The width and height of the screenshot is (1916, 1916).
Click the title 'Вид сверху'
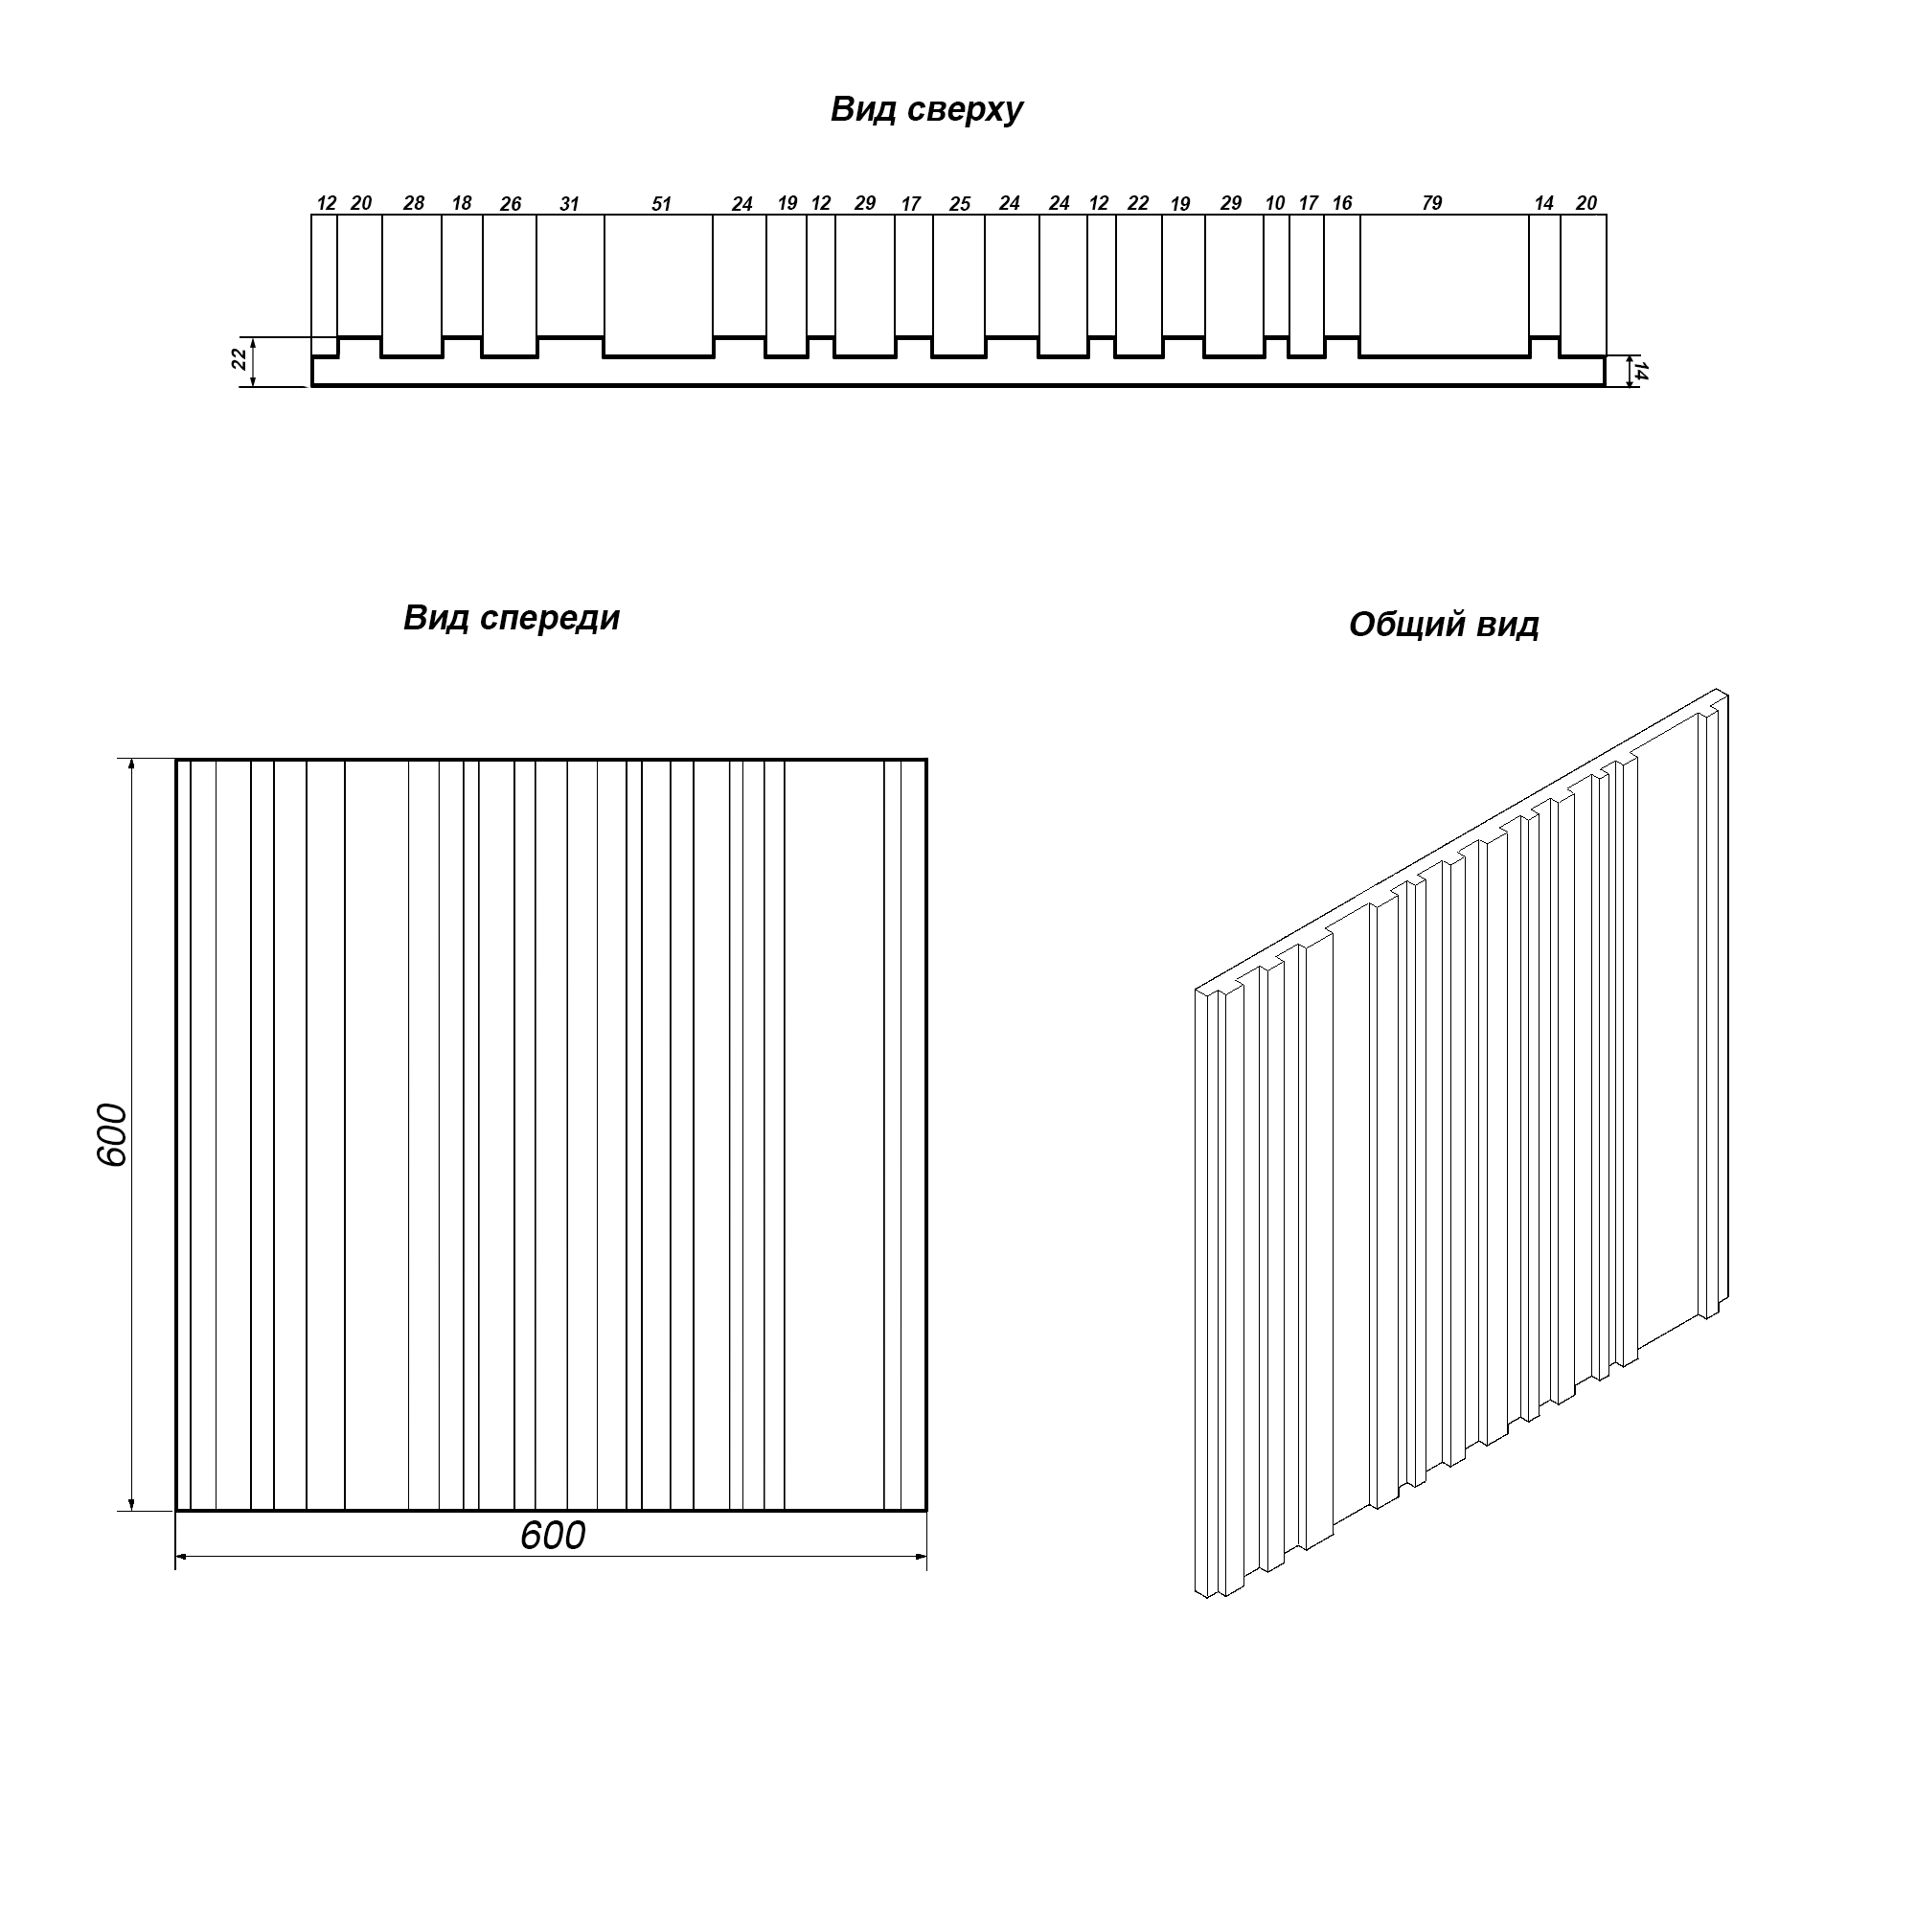click(x=926, y=109)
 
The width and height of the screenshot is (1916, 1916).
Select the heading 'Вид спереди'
click(x=512, y=619)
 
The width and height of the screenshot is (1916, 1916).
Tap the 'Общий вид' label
click(x=1444, y=625)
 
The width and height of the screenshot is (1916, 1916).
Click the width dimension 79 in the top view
click(x=1432, y=203)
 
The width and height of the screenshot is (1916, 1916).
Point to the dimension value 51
click(x=661, y=204)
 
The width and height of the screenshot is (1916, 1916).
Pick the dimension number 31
click(x=569, y=204)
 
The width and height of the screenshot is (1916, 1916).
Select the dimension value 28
click(x=414, y=203)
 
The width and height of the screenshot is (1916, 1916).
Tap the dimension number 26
click(x=511, y=204)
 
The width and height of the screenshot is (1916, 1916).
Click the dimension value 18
click(x=462, y=203)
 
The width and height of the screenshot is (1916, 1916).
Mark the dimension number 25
click(x=960, y=204)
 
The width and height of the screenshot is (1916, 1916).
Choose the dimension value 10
click(x=1275, y=203)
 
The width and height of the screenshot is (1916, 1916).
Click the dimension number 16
click(x=1342, y=203)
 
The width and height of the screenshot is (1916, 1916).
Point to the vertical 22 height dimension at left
click(x=239, y=360)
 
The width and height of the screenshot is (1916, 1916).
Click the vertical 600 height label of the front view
click(x=113, y=1134)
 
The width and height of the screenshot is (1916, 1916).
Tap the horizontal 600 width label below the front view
click(x=553, y=1535)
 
